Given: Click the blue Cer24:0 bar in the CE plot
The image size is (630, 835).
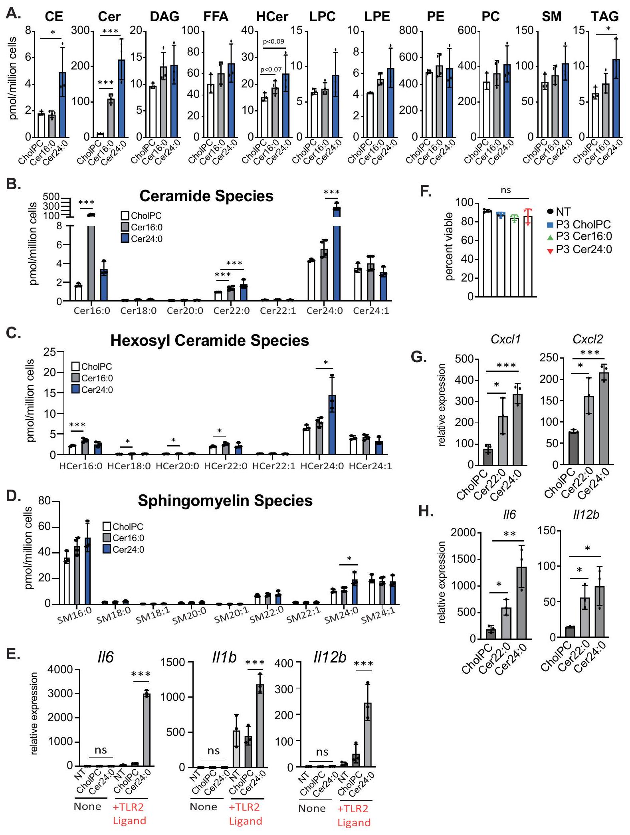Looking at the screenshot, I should [62, 105].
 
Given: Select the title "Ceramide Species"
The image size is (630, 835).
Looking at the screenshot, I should [206, 196].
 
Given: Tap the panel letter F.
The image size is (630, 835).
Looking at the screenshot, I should [426, 191].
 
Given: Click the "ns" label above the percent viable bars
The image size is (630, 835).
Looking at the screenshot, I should [506, 190].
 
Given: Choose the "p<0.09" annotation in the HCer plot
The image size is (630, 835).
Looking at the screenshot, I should [273, 42].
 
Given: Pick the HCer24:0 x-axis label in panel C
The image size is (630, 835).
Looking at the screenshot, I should [322, 466].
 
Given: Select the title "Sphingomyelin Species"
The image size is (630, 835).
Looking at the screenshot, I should [225, 501].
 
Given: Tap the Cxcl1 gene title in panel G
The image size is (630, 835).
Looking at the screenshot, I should [506, 339].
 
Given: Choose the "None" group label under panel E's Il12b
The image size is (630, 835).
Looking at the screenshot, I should [312, 809].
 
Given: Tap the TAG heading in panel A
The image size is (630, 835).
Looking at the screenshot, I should [604, 16].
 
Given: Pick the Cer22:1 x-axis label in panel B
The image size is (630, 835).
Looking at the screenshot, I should [278, 311].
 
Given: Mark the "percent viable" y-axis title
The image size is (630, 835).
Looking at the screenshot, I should [449, 246].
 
